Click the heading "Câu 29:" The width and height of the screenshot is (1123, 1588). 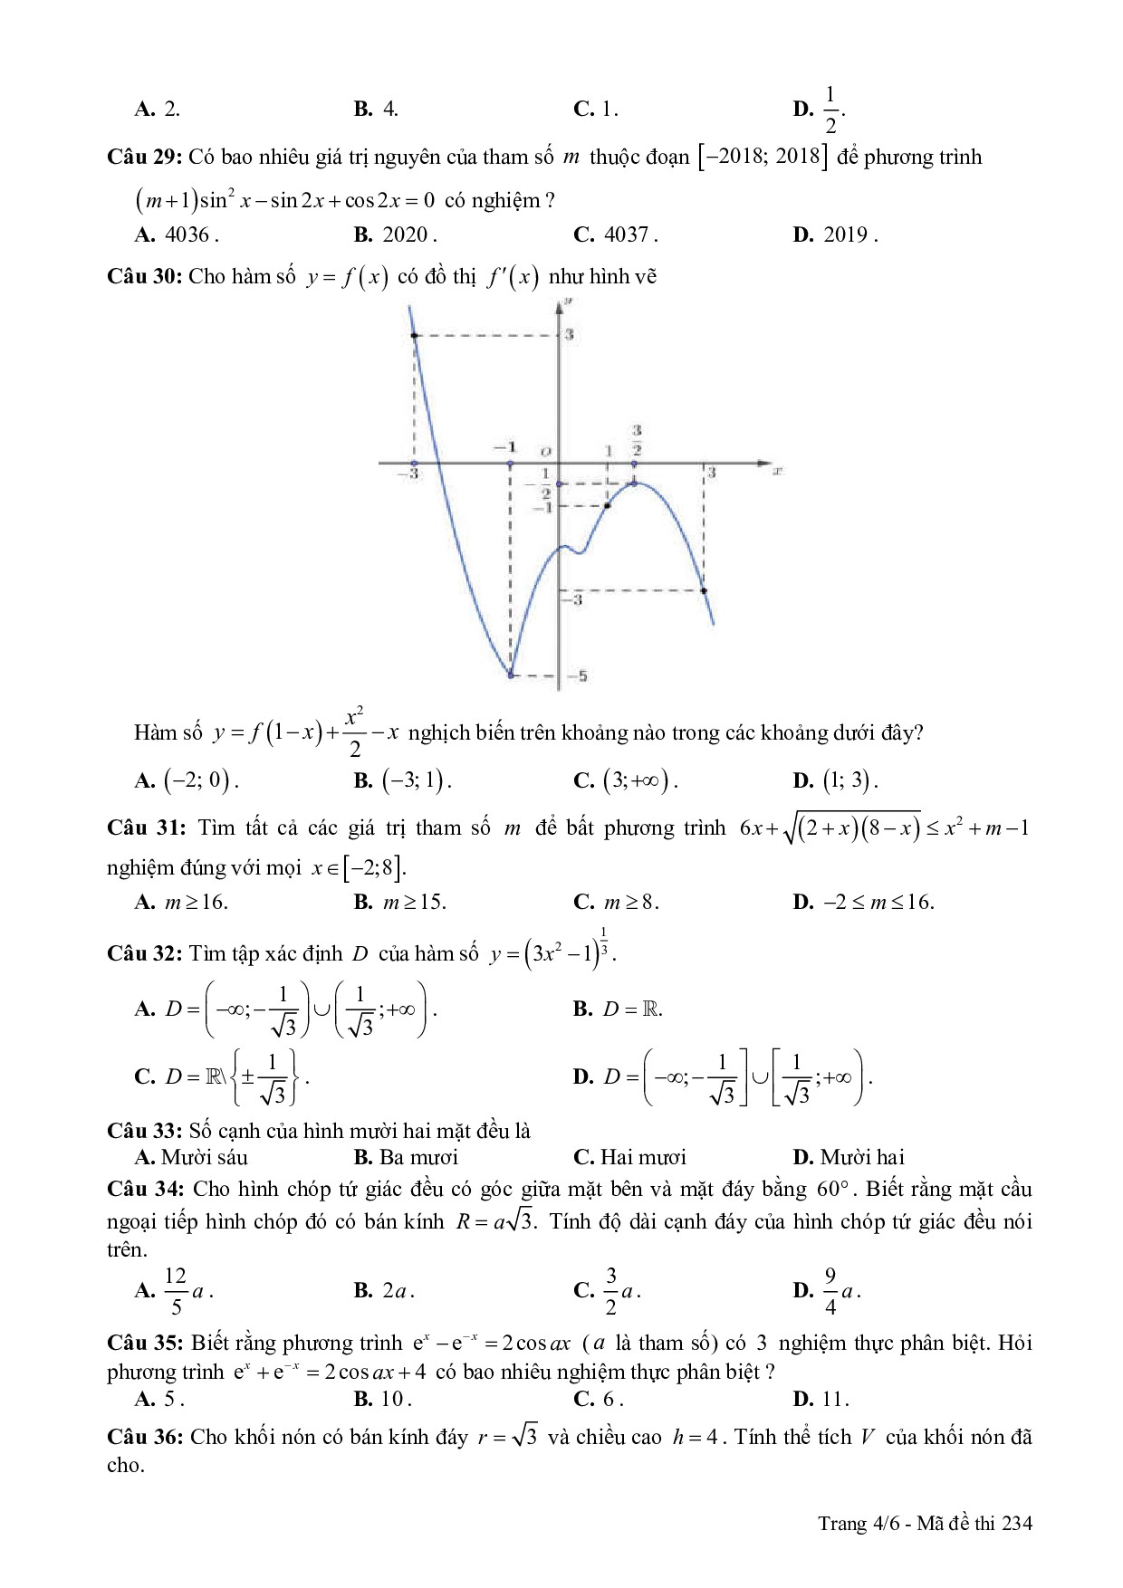point(145,158)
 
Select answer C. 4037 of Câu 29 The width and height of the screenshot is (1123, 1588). point(616,235)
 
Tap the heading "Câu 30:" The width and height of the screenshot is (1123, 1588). point(145,277)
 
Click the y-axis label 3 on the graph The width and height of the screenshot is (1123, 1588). point(570,335)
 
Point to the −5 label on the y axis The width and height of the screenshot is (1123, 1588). point(577,675)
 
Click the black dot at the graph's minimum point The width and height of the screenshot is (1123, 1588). point(511,674)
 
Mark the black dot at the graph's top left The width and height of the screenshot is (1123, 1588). point(415,336)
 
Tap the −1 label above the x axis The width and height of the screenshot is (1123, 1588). point(505,447)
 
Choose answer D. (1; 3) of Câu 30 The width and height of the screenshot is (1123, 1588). point(835,780)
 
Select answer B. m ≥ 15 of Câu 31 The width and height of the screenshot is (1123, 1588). point(400,902)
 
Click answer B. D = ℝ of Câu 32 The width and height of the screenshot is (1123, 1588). point(619,1009)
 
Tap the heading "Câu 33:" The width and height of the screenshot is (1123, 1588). point(145,1131)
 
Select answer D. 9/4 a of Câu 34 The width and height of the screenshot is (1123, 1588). point(827,1291)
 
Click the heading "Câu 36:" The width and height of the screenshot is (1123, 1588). point(145,1437)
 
